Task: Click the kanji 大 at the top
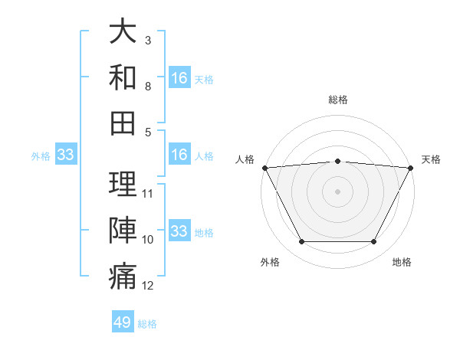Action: coord(123,33)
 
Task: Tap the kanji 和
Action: coord(123,77)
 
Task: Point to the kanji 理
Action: coord(123,185)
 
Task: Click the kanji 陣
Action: coord(123,229)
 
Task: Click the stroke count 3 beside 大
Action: coord(148,40)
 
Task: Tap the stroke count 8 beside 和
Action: coord(148,86)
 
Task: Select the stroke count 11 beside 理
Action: coord(149,193)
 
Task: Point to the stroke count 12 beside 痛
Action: coord(149,286)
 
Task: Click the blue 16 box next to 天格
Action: coord(179,78)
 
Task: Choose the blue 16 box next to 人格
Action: coord(179,155)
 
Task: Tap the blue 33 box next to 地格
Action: coord(179,231)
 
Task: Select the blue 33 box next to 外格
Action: coord(65,155)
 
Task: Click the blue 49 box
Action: coord(123,322)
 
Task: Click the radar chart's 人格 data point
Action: coord(264,167)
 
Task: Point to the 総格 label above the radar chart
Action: coord(338,100)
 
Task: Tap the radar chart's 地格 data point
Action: coord(374,242)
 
